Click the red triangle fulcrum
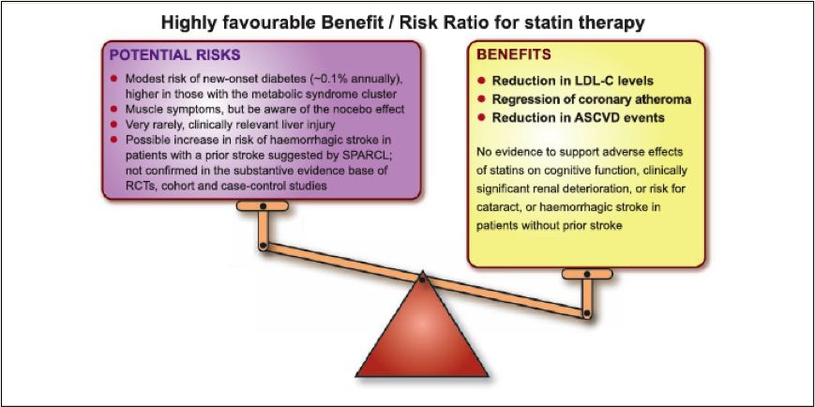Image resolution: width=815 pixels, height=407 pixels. [x=422, y=333]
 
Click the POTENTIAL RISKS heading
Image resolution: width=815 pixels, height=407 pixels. [x=174, y=55]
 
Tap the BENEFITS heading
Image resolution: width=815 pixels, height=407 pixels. [x=514, y=54]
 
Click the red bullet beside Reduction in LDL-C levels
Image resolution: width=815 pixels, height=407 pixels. [x=481, y=81]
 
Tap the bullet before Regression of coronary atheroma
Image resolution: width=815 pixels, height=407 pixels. [x=481, y=98]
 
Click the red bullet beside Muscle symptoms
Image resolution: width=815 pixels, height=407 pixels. [x=113, y=110]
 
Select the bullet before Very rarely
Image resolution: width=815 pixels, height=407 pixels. [x=113, y=125]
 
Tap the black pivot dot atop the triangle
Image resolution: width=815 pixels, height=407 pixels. [x=422, y=279]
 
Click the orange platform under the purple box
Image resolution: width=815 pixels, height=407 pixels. [x=263, y=205]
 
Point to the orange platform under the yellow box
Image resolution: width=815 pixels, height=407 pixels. [x=587, y=274]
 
